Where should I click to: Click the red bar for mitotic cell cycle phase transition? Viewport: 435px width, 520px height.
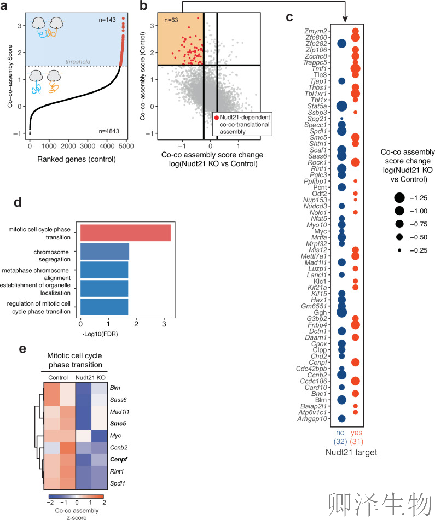(x=125, y=233)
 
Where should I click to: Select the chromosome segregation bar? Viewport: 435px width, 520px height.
(x=105, y=252)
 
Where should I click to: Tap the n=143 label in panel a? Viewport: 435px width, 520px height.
(x=107, y=20)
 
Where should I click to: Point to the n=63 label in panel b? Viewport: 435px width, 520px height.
(x=171, y=20)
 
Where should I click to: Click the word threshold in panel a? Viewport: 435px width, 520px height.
(x=78, y=62)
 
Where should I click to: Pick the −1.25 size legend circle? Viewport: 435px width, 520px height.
(x=399, y=198)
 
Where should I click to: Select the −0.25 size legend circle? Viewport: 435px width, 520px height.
(x=399, y=250)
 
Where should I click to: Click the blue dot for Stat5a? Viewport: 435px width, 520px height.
(x=341, y=106)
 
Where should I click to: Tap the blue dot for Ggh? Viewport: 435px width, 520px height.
(x=341, y=312)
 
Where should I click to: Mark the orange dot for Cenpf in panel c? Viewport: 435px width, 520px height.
(x=355, y=362)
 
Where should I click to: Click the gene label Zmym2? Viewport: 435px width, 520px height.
(x=316, y=31)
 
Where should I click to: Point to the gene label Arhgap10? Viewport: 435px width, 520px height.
(x=312, y=419)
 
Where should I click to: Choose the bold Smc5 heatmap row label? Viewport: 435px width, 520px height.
(x=118, y=424)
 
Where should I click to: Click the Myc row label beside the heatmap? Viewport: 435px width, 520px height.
(x=115, y=435)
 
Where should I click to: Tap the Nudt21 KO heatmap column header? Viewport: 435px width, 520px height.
(x=90, y=377)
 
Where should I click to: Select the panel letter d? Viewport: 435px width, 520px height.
(x=18, y=202)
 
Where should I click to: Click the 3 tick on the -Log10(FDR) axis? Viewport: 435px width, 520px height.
(x=164, y=324)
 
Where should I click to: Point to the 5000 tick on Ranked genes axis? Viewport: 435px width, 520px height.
(x=126, y=146)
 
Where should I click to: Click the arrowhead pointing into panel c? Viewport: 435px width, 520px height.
(x=345, y=20)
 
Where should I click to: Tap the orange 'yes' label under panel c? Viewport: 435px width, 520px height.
(x=356, y=433)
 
